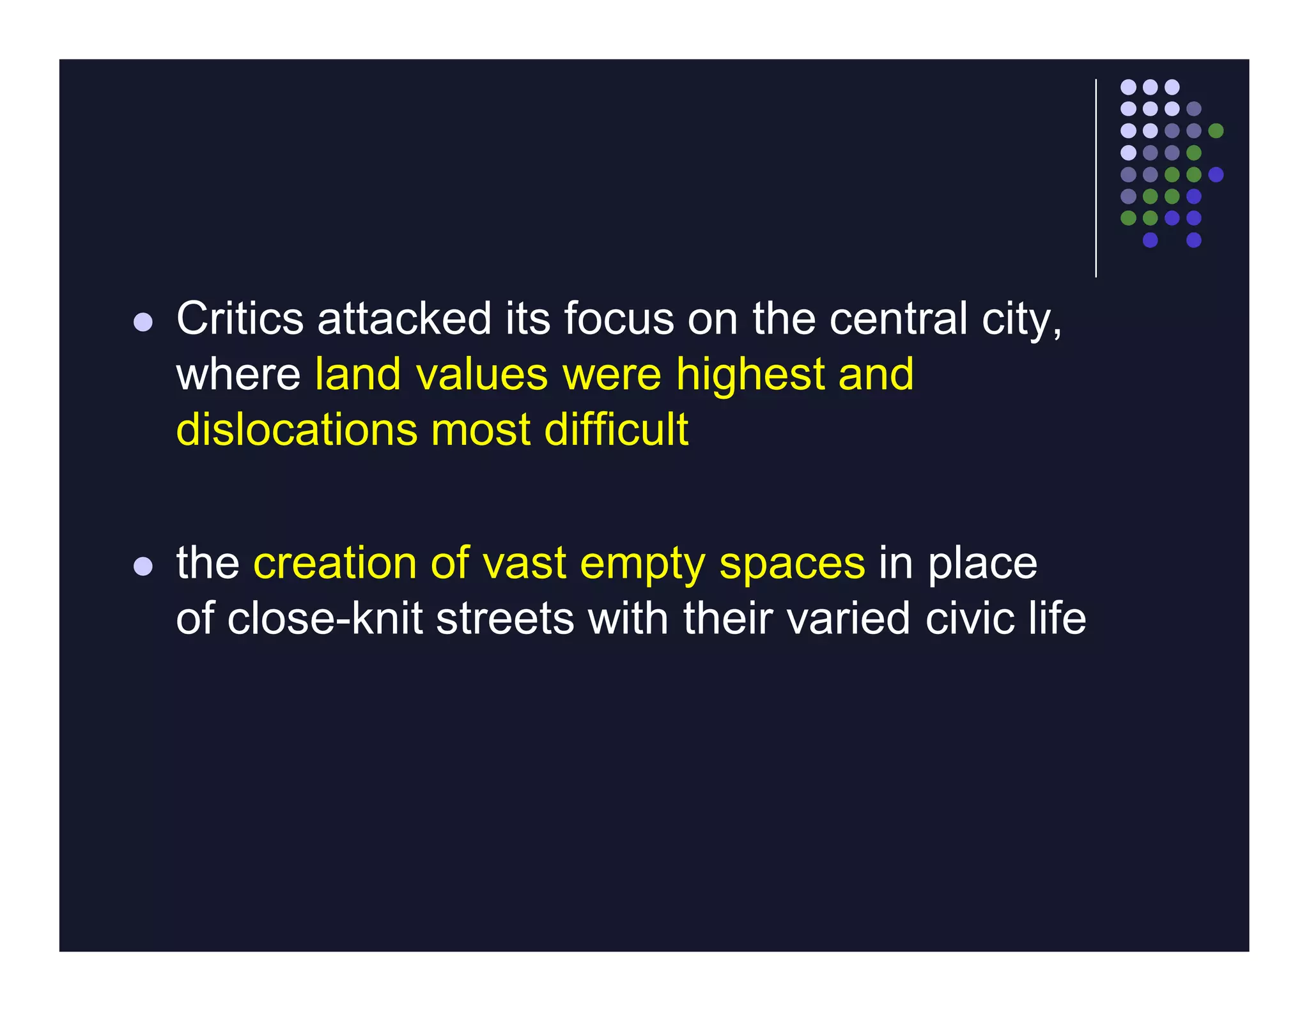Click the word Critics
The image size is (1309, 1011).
click(240, 318)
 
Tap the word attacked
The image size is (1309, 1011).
click(404, 318)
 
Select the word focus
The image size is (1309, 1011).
click(618, 318)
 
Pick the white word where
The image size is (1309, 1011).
click(238, 374)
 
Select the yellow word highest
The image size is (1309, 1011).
click(750, 374)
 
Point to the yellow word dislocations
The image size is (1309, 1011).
click(296, 429)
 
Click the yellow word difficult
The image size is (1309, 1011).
click(616, 429)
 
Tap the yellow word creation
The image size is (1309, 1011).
click(335, 564)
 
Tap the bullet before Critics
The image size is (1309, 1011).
click(143, 322)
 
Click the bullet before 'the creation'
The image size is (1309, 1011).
click(143, 567)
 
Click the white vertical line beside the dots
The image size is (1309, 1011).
click(1096, 178)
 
